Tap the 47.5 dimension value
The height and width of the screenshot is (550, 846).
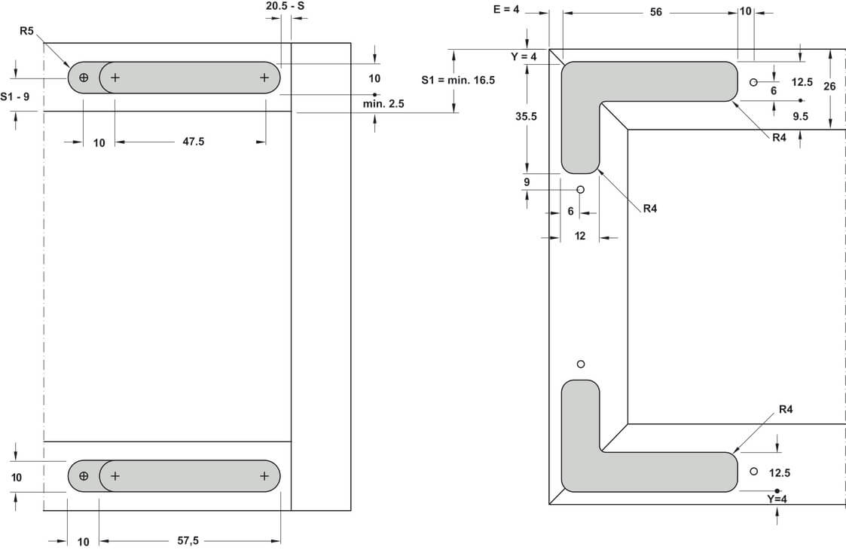[x=194, y=142]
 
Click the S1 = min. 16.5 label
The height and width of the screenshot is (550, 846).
[x=457, y=80]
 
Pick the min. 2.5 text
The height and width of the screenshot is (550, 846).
[x=383, y=104]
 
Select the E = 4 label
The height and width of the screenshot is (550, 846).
[x=508, y=10]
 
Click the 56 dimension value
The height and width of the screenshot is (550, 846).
[x=655, y=13]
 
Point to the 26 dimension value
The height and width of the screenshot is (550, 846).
[x=829, y=87]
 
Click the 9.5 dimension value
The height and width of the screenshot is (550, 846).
[x=801, y=116]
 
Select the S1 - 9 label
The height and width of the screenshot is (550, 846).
[x=16, y=96]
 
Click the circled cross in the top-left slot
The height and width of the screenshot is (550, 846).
[x=84, y=78]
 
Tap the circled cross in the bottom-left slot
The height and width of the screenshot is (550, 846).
[x=84, y=476]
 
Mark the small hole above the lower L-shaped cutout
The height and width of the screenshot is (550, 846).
[x=580, y=365]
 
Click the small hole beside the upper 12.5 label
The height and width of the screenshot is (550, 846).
[x=753, y=81]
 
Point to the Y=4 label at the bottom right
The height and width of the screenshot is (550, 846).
[x=777, y=500]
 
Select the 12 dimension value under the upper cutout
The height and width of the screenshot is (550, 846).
[x=580, y=236]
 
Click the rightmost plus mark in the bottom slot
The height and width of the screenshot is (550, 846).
[x=264, y=476]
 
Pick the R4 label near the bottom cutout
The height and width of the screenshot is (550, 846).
[x=786, y=409]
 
